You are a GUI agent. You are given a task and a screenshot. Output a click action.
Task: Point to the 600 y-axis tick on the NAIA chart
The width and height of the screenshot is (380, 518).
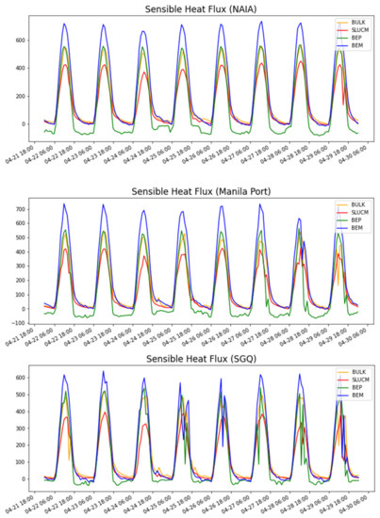(19, 40)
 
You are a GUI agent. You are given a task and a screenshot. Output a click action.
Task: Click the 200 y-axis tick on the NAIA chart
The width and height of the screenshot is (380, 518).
(19, 95)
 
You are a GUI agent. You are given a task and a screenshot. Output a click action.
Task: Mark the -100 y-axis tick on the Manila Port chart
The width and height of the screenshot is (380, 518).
(17, 322)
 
